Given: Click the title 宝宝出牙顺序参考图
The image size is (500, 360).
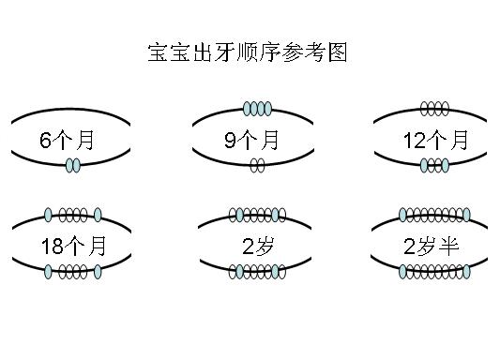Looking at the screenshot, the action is [x=248, y=52].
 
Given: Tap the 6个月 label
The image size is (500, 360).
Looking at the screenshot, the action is [x=68, y=142].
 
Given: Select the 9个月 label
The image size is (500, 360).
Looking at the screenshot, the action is [x=252, y=142].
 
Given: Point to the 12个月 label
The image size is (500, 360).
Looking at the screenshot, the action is [x=435, y=142].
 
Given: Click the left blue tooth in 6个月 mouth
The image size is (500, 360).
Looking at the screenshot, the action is [x=69, y=166].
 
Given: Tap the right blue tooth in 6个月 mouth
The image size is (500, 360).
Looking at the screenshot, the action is [x=77, y=166].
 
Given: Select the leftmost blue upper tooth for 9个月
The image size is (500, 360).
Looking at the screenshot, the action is [x=247, y=109].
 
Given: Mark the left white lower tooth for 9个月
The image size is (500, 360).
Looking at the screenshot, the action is [x=253, y=166].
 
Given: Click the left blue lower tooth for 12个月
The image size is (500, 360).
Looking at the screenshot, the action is [x=424, y=166].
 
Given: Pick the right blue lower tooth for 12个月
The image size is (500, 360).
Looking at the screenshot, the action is [x=446, y=166].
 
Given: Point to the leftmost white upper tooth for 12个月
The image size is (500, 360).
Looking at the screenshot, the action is [x=425, y=109].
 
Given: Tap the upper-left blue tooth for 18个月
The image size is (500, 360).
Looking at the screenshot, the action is [x=49, y=216].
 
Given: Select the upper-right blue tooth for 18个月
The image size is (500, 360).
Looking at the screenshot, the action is [x=98, y=216].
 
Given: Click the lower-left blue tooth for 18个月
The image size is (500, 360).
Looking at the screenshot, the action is [x=49, y=272].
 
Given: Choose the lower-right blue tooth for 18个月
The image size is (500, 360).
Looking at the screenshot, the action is [x=98, y=272].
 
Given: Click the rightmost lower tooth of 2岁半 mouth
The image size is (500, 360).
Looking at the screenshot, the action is [x=466, y=272].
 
